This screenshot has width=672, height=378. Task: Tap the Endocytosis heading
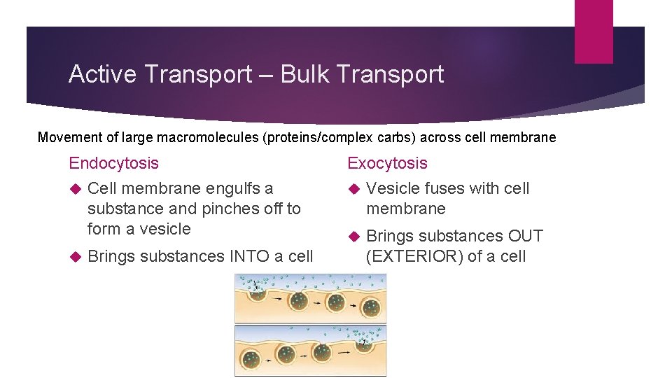coord(113,163)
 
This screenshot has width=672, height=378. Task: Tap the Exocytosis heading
coord(387,163)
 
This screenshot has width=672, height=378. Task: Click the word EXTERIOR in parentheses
coord(416,256)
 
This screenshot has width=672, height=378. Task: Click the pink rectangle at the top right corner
coord(594,31)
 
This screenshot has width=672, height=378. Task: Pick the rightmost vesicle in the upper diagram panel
coord(370,307)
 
